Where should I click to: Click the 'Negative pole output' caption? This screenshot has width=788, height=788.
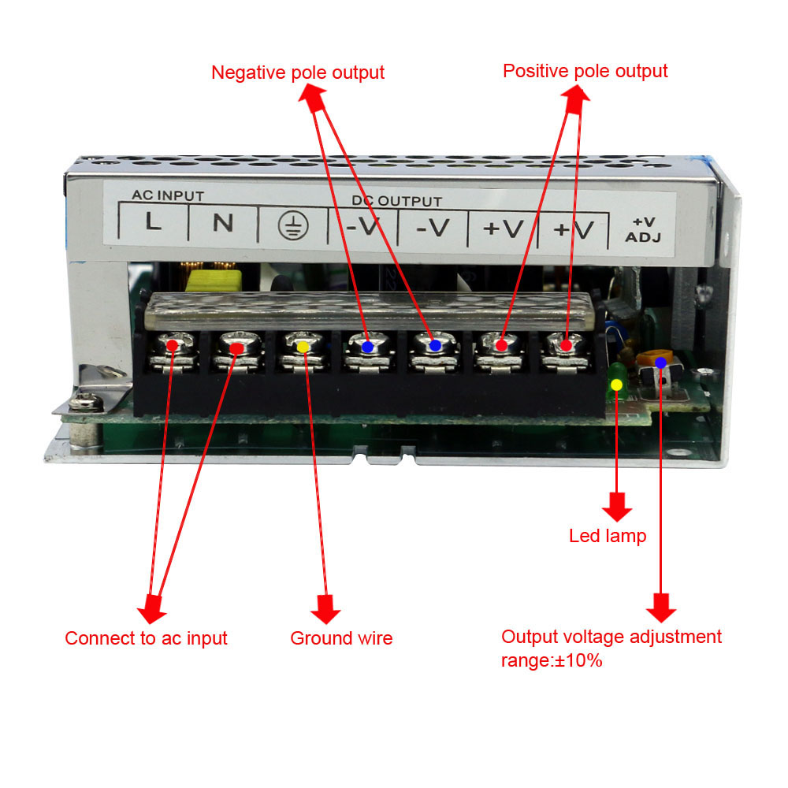click(x=298, y=72)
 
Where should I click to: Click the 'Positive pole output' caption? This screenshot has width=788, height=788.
click(x=585, y=71)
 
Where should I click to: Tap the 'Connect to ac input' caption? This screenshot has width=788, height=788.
click(x=146, y=638)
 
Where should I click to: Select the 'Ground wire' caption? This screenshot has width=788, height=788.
click(x=341, y=638)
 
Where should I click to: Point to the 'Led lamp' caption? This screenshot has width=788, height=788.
click(x=608, y=537)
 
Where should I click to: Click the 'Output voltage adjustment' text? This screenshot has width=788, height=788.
click(x=611, y=637)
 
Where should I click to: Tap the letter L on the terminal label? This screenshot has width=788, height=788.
click(x=154, y=224)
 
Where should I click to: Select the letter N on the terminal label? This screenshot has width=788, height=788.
click(x=223, y=224)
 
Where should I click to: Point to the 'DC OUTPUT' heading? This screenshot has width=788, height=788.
click(x=396, y=202)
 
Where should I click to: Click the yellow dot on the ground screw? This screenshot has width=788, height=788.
click(x=303, y=346)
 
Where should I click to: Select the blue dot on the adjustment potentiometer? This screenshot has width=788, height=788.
click(x=660, y=362)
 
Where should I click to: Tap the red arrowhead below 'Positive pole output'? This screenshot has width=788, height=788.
click(x=576, y=94)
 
